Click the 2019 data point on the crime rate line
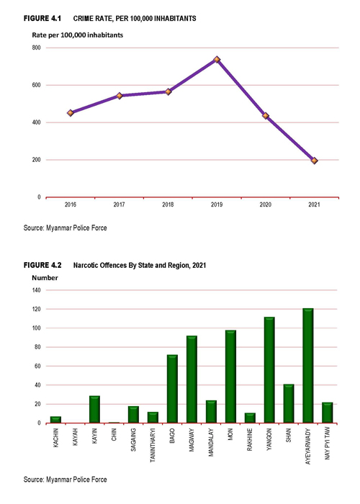(217, 60)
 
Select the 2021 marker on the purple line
(315, 161)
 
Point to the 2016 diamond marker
(71, 113)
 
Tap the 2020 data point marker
(266, 116)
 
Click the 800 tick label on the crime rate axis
(36, 48)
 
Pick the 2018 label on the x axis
(168, 204)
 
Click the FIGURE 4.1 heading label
(42, 18)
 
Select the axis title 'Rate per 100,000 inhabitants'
(78, 35)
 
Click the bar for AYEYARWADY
(308, 366)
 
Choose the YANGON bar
(269, 370)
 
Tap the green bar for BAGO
(172, 389)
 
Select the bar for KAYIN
(94, 409)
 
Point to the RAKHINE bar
(250, 418)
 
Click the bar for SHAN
(289, 404)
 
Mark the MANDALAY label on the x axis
(211, 442)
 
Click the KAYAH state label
(75, 437)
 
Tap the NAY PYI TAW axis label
(327, 444)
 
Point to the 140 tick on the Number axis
(36, 290)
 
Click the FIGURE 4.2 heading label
(42, 265)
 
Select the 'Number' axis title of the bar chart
(45, 278)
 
